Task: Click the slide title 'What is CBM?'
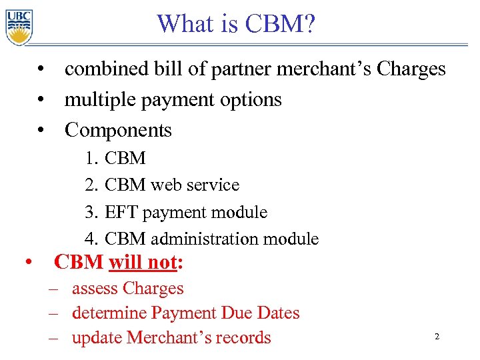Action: (236, 25)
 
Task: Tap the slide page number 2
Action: (437, 337)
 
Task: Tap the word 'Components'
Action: (118, 131)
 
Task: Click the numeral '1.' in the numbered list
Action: (92, 159)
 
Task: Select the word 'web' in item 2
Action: (168, 185)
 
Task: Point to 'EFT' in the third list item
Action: (121, 213)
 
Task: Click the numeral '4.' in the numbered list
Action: (92, 239)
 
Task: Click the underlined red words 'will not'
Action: (142, 263)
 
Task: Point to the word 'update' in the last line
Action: (96, 338)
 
